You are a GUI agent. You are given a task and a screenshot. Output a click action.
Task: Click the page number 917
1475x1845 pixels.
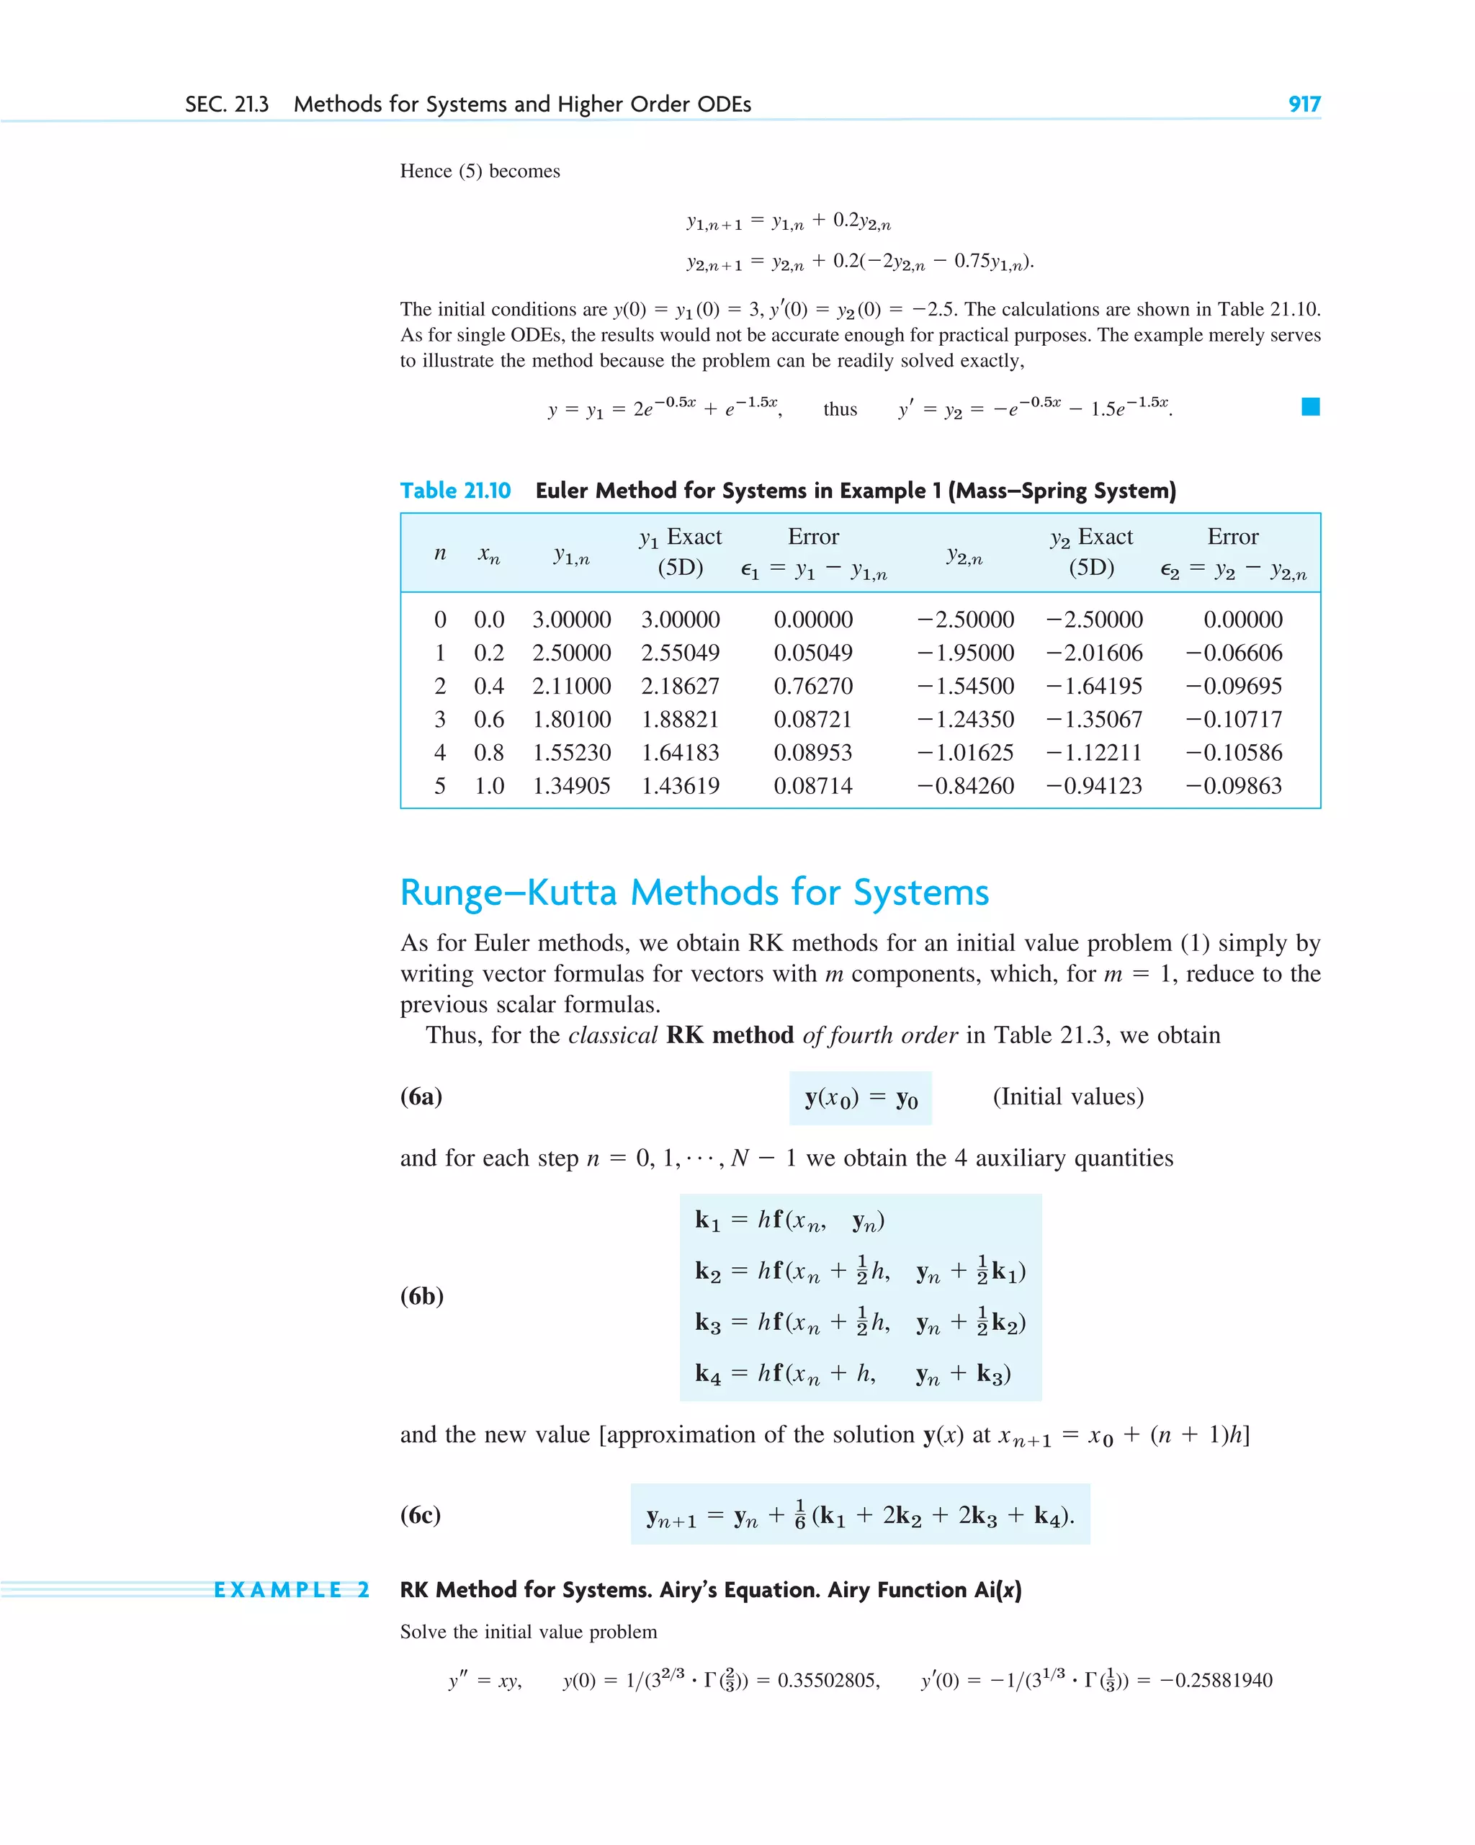point(1304,104)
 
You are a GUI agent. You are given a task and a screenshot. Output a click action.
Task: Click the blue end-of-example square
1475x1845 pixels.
point(1310,406)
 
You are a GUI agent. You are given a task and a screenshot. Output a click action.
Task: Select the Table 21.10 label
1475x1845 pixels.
point(455,491)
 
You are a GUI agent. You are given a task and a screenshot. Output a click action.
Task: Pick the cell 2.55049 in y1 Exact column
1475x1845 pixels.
point(680,652)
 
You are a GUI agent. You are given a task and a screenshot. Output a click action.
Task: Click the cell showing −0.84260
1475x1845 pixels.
point(965,785)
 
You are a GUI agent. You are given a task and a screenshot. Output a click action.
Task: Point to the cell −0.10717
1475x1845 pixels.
point(1233,719)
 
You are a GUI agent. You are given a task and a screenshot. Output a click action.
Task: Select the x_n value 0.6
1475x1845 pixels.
point(488,719)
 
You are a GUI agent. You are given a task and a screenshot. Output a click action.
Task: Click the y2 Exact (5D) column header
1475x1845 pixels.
point(1091,552)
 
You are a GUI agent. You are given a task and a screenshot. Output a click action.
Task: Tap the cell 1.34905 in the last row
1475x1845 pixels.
point(572,785)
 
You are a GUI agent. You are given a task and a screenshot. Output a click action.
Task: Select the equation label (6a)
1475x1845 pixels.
point(421,1096)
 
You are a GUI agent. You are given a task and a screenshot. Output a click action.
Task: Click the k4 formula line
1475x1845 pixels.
point(852,1373)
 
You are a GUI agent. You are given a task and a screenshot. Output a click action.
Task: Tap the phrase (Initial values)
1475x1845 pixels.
point(1068,1096)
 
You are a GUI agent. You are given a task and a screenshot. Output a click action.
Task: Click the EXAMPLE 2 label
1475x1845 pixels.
point(291,1590)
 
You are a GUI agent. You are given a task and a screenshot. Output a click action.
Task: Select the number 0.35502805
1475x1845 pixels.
point(828,1680)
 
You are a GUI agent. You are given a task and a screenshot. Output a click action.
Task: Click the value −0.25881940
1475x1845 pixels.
point(1216,1680)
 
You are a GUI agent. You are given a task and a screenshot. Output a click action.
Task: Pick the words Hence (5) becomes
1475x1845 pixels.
point(480,171)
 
